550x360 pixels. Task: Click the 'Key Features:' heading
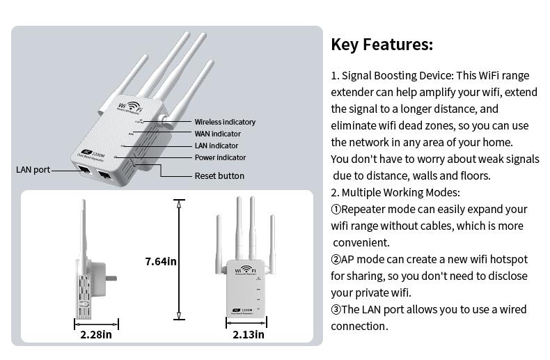(x=382, y=45)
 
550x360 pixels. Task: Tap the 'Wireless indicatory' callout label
(x=225, y=122)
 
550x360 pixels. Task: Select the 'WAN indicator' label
(x=217, y=134)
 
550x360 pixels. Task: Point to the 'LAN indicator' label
(x=216, y=146)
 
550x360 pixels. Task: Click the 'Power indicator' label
(x=220, y=157)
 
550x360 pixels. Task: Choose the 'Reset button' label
(x=219, y=176)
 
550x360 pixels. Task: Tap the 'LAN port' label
(x=33, y=170)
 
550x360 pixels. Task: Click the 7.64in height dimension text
(x=161, y=261)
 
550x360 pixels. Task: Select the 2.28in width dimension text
(x=96, y=335)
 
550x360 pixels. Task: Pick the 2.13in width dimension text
(x=249, y=335)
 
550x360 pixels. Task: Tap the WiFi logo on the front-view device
(x=248, y=271)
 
